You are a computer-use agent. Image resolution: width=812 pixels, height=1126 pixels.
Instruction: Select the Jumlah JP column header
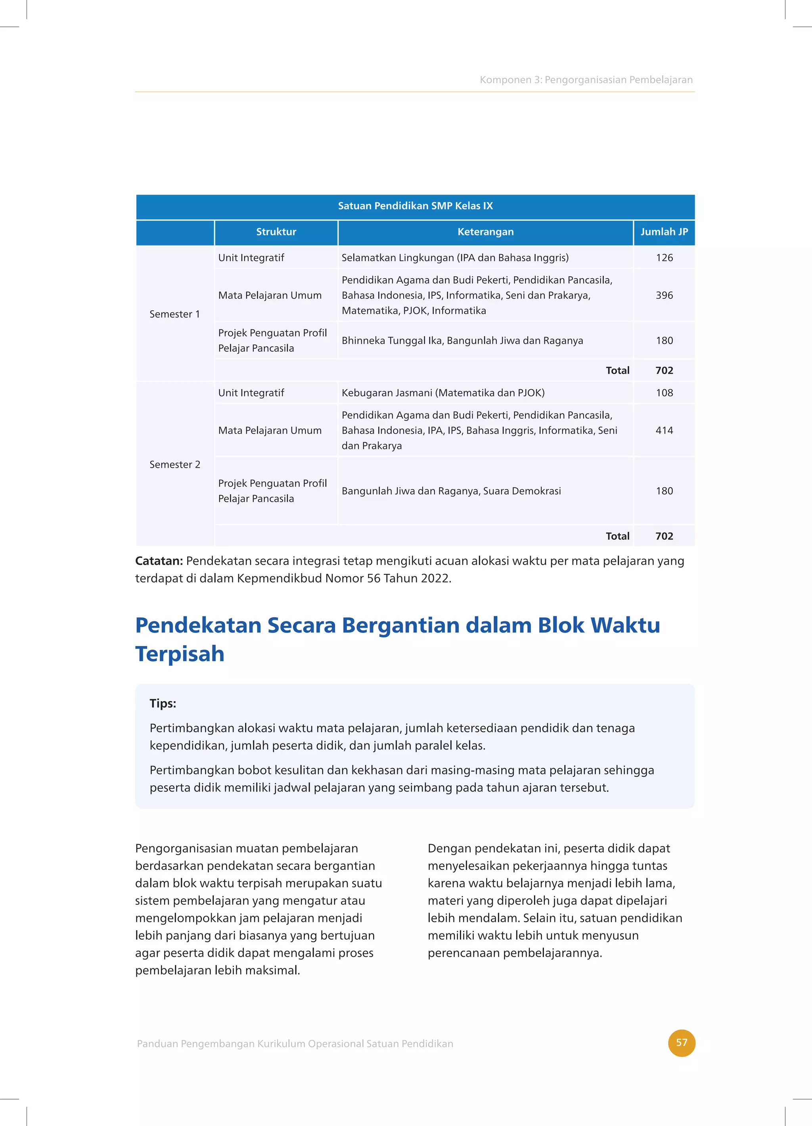click(x=664, y=232)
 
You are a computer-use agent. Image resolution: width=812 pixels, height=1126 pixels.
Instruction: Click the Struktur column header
click(x=276, y=232)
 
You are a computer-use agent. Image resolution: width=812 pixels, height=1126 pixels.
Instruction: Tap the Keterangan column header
click(x=485, y=232)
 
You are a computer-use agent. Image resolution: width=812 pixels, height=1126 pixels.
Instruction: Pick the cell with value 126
click(x=664, y=258)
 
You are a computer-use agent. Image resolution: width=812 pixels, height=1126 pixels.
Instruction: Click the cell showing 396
click(x=664, y=295)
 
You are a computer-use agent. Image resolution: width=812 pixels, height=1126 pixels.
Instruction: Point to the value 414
click(x=664, y=430)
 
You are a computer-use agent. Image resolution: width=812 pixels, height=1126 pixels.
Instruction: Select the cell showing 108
click(x=664, y=393)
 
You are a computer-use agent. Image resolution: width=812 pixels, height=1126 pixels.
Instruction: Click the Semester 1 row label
click(x=175, y=314)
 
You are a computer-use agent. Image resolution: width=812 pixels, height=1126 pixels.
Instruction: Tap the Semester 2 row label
click(x=175, y=465)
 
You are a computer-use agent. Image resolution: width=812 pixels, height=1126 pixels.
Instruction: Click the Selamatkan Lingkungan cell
click(x=455, y=258)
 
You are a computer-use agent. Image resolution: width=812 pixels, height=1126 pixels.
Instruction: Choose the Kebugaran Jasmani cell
click(x=443, y=393)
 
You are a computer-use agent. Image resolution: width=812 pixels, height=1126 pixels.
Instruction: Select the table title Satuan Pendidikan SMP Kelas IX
click(x=415, y=206)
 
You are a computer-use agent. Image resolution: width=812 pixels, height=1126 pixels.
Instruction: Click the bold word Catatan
click(x=159, y=561)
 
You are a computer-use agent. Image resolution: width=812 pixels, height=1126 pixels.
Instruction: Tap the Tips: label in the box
click(x=163, y=704)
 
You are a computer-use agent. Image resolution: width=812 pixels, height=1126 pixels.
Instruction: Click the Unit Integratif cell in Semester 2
click(x=251, y=393)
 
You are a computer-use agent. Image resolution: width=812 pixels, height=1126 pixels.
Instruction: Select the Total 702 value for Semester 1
click(x=664, y=370)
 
